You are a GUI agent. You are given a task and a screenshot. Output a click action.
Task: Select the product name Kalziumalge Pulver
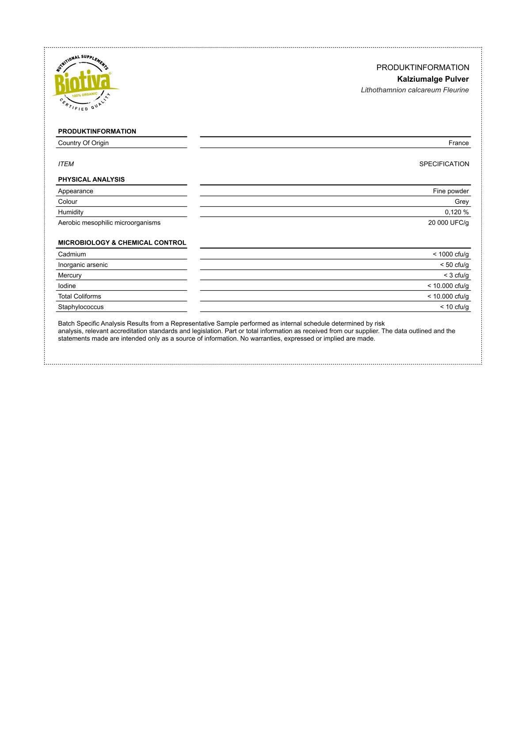coord(433,79)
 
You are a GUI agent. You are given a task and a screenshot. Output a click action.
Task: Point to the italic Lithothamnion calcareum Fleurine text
coord(415,90)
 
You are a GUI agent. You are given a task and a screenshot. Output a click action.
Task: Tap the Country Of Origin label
coord(83,143)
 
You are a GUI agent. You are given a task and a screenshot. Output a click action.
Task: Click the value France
coord(458,143)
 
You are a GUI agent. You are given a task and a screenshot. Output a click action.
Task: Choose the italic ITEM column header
coord(66,164)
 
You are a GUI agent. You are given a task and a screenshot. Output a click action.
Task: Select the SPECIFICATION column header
coord(444,164)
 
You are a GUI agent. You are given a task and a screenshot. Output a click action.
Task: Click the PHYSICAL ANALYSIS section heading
coord(91,179)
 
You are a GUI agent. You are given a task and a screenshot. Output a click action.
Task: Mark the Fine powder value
coord(450,191)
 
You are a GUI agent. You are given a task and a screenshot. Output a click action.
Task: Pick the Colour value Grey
coord(461,201)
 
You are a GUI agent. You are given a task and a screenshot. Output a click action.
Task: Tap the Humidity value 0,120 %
coord(457,212)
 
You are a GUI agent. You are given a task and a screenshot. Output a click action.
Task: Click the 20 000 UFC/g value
coord(448,223)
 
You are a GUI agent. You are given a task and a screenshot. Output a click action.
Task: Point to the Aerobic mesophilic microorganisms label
coord(109,223)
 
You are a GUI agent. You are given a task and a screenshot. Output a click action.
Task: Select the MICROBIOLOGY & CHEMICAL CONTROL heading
coord(122,243)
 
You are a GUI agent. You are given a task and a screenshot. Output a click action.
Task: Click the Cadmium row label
coord(72,254)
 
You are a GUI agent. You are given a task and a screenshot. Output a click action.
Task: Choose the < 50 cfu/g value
coord(454,265)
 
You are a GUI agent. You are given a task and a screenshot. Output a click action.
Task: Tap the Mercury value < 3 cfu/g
coord(456,275)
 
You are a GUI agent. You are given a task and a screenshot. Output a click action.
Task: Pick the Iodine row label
coord(67,286)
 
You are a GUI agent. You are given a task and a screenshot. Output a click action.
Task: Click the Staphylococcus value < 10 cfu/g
coord(454,307)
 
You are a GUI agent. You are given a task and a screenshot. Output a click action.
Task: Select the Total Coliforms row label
coord(80,296)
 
